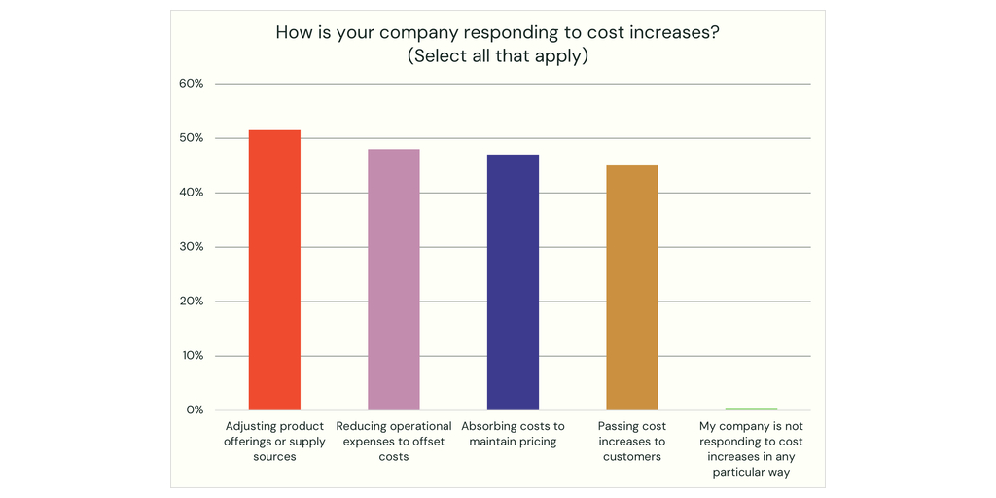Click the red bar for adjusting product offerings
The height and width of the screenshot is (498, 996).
[x=274, y=269]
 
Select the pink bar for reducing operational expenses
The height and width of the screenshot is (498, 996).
[x=394, y=279]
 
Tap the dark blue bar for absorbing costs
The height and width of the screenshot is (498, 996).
[x=513, y=282]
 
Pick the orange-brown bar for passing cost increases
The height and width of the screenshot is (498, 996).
[x=632, y=287]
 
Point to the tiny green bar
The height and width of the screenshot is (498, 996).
[x=751, y=409]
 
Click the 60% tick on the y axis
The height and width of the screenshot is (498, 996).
[x=192, y=84]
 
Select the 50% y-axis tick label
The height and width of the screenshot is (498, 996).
[x=192, y=138]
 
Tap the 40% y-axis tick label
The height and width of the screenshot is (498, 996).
[x=192, y=193]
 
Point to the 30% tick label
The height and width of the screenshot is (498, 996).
[x=192, y=247]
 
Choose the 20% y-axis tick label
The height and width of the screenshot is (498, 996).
[x=192, y=302]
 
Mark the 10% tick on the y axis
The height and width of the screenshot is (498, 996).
[x=192, y=356]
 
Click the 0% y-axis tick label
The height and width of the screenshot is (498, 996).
[x=195, y=410]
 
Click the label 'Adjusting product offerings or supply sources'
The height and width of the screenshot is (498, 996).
[x=275, y=442]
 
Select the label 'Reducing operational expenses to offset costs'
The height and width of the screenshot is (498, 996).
[x=394, y=442]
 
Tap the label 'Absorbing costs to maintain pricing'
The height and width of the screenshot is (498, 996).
[x=513, y=434]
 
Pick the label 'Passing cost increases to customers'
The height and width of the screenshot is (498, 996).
[x=632, y=442]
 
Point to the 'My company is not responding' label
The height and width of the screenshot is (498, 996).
[x=751, y=449]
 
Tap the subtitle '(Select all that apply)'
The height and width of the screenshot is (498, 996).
[x=498, y=55]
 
